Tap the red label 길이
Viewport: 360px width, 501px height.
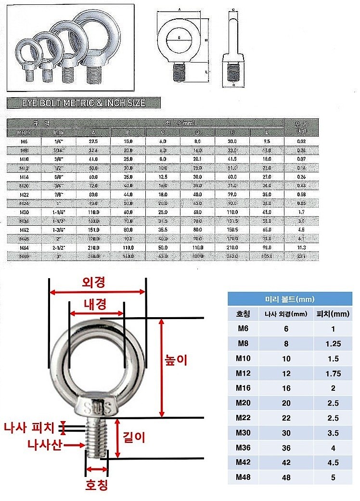click(x=134, y=437)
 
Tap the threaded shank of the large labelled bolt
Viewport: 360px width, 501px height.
click(x=96, y=438)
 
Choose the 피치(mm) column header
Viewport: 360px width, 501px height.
click(x=332, y=314)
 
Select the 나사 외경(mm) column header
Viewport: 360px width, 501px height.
click(x=286, y=314)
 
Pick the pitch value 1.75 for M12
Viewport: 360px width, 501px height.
click(x=332, y=373)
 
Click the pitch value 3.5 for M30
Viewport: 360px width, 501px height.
click(x=332, y=433)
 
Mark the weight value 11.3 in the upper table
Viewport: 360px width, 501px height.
click(x=301, y=247)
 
